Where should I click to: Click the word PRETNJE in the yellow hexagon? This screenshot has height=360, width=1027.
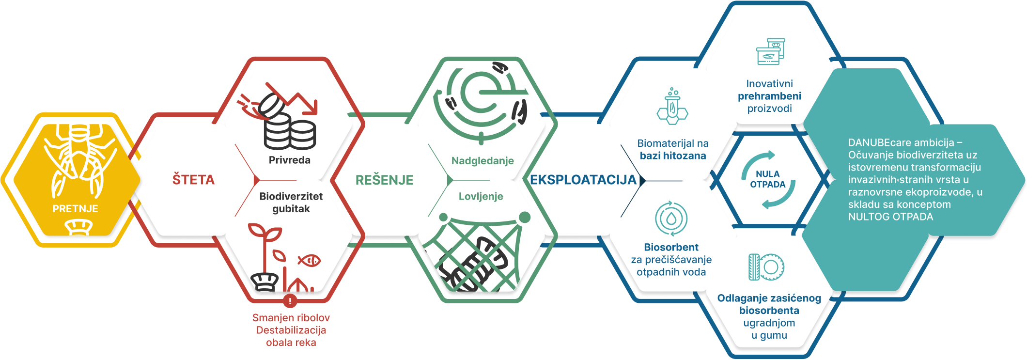75,209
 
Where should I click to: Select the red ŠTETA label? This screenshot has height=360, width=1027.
193,180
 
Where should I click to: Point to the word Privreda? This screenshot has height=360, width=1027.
289,160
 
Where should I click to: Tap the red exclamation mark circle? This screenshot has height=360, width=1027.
290,301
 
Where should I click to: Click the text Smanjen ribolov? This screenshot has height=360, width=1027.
291,318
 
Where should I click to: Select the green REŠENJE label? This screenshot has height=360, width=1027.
384,180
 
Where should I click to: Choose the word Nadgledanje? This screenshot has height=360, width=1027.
482,161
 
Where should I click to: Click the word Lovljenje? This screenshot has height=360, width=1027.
481,196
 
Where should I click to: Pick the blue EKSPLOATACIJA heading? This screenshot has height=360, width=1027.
583,180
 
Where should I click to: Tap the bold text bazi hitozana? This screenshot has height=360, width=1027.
673,156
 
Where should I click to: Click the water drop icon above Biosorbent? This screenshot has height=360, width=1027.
671,219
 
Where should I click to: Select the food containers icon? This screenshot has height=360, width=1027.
770,51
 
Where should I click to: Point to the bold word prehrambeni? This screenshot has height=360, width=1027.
769,96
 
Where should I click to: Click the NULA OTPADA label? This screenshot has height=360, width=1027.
767,179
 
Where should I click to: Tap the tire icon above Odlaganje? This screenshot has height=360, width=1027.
766,267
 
